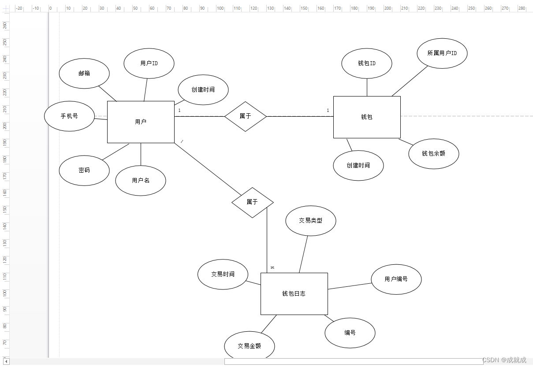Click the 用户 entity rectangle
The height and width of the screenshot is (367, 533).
pyautogui.click(x=141, y=122)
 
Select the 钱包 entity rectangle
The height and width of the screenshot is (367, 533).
pyautogui.click(x=367, y=117)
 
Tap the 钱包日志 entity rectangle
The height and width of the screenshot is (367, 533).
pyautogui.click(x=294, y=294)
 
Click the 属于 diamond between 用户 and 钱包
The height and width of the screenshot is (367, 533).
pyautogui.click(x=246, y=116)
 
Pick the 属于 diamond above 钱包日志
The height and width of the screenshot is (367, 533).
pyautogui.click(x=252, y=202)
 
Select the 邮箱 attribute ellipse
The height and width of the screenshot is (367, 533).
pyautogui.click(x=84, y=74)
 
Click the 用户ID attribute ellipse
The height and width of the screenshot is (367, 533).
pyautogui.click(x=149, y=63)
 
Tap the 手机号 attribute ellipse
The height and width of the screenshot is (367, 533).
pyautogui.click(x=70, y=116)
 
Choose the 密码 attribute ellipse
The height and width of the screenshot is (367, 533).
pyautogui.click(x=84, y=171)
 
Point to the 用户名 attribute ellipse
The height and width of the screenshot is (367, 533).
pyautogui.click(x=141, y=181)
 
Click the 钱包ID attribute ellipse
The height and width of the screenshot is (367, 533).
pyautogui.click(x=367, y=63)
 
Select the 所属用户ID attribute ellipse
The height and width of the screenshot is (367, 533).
pyautogui.click(x=442, y=53)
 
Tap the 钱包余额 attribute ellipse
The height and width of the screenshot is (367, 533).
pyautogui.click(x=434, y=154)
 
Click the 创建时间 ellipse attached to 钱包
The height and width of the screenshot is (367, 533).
pyautogui.click(x=358, y=166)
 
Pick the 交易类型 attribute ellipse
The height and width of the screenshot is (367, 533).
pyautogui.click(x=311, y=221)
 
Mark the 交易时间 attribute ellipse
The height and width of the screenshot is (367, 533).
pyautogui.click(x=223, y=274)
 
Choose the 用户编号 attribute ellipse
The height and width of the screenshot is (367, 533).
pyautogui.click(x=396, y=279)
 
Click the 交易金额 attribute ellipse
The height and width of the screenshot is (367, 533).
pyautogui.click(x=250, y=346)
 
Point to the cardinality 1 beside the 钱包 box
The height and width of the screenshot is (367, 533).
pyautogui.click(x=328, y=110)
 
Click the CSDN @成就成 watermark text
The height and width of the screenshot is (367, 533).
pyautogui.click(x=504, y=360)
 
